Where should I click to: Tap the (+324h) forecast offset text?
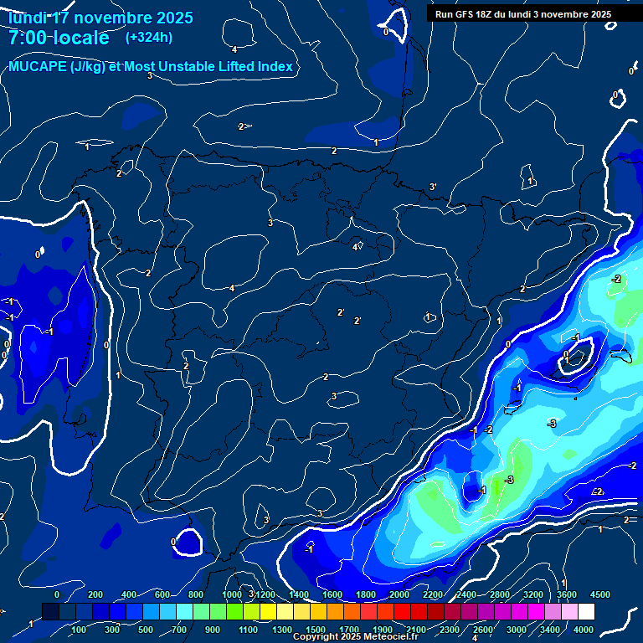tap(149, 37)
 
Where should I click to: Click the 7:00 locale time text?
tap(58, 38)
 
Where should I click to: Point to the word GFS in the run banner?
tap(467, 14)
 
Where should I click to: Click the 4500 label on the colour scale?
tap(600, 594)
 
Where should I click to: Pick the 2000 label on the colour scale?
tap(399, 594)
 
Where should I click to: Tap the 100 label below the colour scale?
tap(79, 629)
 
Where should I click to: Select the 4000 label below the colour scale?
tap(584, 629)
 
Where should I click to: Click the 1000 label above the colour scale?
tap(232, 594)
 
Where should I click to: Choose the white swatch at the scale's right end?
tap(609, 612)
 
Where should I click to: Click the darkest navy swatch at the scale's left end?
tap(50, 612)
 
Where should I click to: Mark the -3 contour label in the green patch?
tap(509, 480)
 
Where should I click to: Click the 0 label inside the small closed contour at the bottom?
tap(173, 542)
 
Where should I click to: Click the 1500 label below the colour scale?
tap(316, 629)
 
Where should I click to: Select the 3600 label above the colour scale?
tap(567, 594)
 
